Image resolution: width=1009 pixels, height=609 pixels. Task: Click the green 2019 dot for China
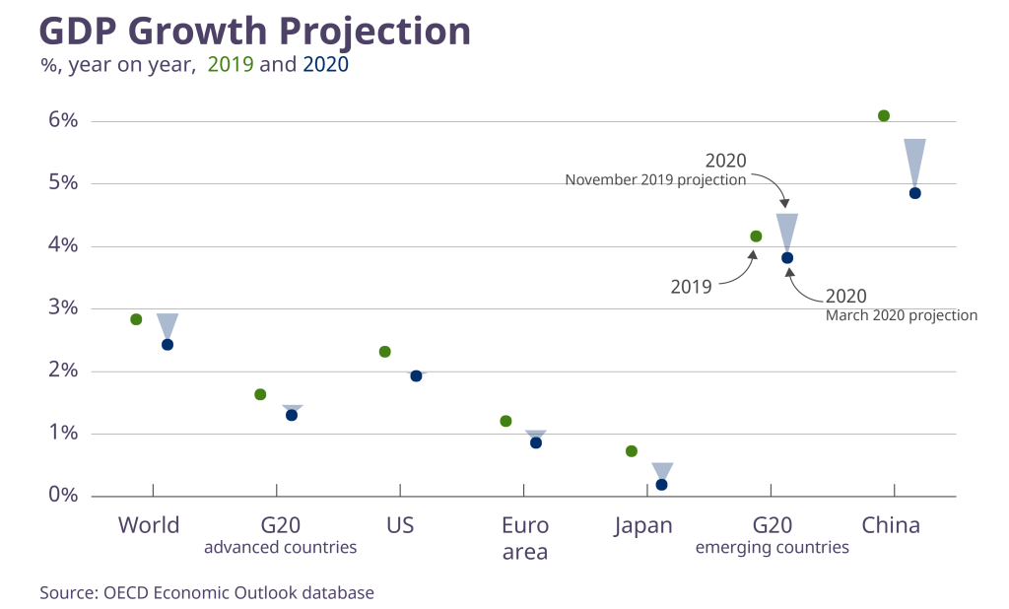[x=884, y=116]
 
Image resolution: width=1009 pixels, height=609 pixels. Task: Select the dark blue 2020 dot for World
[x=168, y=345]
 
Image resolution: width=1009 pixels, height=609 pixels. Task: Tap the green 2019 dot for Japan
[x=632, y=451]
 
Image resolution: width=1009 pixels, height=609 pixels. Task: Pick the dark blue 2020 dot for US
[x=416, y=376]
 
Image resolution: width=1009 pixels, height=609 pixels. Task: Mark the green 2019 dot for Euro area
[x=506, y=422]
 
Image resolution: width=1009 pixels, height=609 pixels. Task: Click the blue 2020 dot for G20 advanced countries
[x=292, y=415]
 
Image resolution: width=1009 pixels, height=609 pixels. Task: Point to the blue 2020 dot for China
[x=914, y=193]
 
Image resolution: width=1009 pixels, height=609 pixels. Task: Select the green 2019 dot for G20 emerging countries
[x=756, y=237]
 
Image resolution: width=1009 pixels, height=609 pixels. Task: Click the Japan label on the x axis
[x=643, y=525]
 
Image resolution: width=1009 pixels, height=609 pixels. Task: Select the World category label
[x=149, y=525]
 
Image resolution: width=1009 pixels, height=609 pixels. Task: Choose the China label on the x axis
[x=891, y=525]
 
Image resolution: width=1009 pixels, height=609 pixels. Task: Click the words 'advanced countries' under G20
[x=280, y=548]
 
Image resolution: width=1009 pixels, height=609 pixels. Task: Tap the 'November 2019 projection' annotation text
[x=655, y=180]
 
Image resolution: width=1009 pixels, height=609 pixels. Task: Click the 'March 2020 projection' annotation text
[x=901, y=316]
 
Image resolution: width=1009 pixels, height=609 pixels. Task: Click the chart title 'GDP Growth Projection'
[x=254, y=32]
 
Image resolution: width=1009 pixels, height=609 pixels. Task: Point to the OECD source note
[x=207, y=593]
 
